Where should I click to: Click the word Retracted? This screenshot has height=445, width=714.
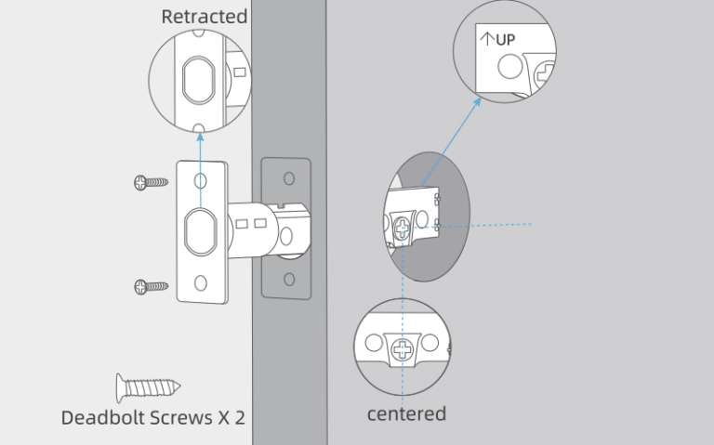click(204, 17)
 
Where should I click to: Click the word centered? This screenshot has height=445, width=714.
click(406, 413)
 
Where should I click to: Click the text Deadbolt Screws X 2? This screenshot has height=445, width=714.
click(153, 417)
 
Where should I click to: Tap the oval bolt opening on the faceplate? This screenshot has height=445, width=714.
click(201, 230)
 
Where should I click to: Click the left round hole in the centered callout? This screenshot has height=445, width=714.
click(374, 344)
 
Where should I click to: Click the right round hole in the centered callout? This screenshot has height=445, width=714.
click(430, 344)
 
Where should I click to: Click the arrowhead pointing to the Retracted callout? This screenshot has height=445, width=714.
click(201, 135)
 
